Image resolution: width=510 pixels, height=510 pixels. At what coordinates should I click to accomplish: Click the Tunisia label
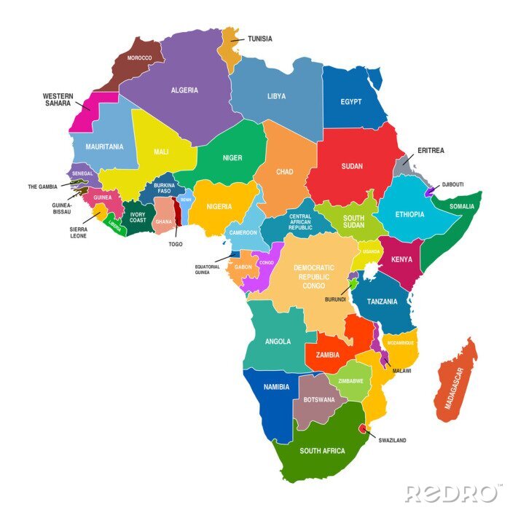(x=260, y=39)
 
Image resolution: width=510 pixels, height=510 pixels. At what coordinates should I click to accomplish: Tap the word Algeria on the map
(x=184, y=90)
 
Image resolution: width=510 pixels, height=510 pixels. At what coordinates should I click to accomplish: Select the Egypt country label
(x=351, y=101)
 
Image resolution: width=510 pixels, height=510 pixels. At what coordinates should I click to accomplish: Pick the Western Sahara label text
(x=57, y=99)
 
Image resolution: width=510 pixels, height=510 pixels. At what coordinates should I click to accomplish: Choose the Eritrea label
(x=431, y=151)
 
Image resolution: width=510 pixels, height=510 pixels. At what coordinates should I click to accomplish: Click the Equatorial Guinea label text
(x=207, y=270)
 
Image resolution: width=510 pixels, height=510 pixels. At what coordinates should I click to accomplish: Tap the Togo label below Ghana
(x=175, y=244)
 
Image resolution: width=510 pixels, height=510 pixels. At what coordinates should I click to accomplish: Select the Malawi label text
(x=401, y=371)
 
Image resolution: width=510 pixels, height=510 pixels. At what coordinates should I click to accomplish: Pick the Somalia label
(x=462, y=207)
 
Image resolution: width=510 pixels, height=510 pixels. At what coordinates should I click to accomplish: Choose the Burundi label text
(x=336, y=299)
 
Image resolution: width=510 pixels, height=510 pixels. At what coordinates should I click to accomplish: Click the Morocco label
(x=139, y=58)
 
